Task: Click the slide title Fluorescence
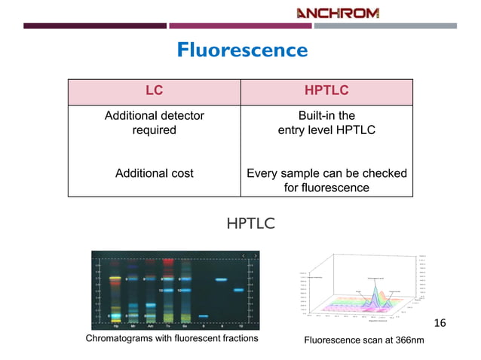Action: point(241,50)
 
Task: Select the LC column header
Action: point(154,90)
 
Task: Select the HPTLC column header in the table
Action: point(326,90)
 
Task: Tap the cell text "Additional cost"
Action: point(154,173)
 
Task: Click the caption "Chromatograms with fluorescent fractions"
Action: point(172,339)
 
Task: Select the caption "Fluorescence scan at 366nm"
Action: point(363,340)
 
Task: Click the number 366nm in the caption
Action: point(408,340)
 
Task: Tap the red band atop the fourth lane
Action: point(167,262)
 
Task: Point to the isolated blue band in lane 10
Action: point(238,289)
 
